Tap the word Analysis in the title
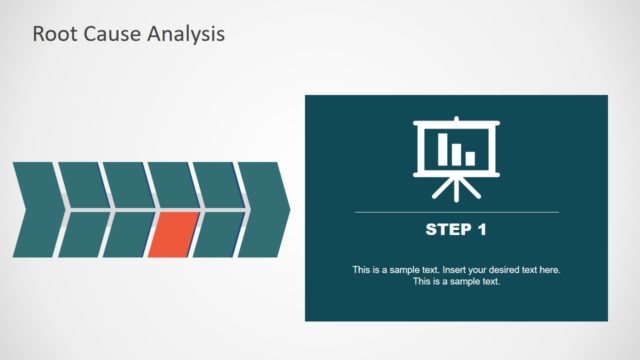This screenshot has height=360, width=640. [186, 33]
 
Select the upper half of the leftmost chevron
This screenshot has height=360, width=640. [39, 185]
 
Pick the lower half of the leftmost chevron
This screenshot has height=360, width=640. [39, 234]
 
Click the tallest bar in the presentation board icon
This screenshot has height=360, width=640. [442, 148]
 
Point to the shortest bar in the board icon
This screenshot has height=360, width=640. [470, 158]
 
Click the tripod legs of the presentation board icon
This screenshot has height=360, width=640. [456, 186]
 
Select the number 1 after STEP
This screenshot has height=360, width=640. [481, 230]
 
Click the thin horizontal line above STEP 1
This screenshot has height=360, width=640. [456, 212]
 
